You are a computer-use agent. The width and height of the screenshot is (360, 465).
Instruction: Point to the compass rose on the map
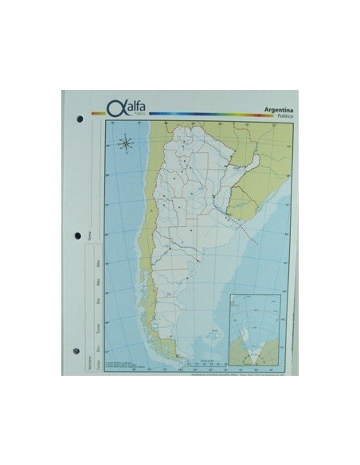click(126, 144)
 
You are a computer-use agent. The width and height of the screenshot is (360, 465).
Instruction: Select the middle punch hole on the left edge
click(78, 236)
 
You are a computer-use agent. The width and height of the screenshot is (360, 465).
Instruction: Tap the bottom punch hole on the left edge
click(77, 351)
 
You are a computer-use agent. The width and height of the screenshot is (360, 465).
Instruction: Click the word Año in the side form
click(97, 263)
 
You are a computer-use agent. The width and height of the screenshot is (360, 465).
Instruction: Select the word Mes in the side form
click(97, 281)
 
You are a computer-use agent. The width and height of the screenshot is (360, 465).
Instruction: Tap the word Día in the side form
click(97, 301)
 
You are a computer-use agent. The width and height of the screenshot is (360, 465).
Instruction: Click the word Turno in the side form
click(97, 326)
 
